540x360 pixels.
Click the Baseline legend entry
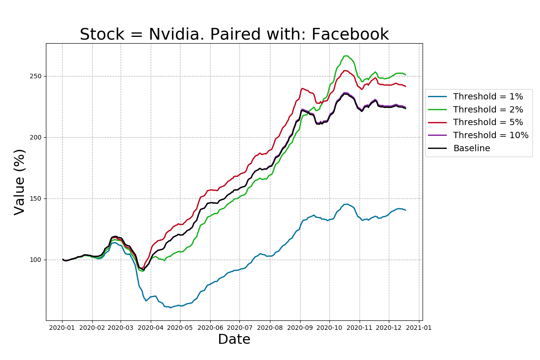coord(472,148)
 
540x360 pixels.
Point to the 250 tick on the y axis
coord(36,76)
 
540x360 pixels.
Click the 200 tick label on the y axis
coord(36,137)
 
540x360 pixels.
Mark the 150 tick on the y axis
coord(36,198)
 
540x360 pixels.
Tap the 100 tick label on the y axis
coord(36,260)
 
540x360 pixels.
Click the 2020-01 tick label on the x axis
coord(63,328)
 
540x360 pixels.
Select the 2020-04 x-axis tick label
coord(150,328)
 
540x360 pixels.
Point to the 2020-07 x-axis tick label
coord(239,328)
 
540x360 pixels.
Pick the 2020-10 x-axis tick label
coord(329,328)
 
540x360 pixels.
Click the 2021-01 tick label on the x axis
coord(419,328)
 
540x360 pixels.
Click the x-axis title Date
coord(234,339)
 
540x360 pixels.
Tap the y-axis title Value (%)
coord(20,182)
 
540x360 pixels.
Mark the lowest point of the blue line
coord(170,307)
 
